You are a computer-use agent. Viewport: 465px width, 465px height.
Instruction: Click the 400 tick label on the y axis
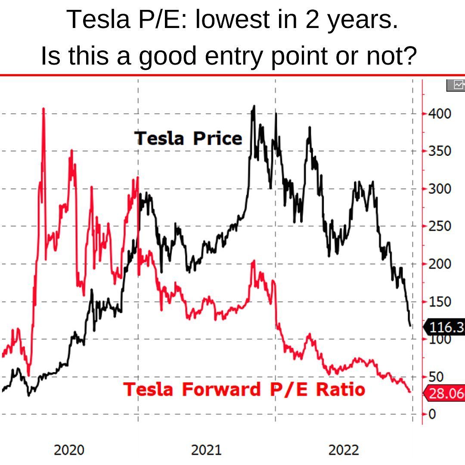click(x=439, y=114)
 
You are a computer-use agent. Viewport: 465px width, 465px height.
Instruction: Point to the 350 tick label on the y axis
click(x=439, y=151)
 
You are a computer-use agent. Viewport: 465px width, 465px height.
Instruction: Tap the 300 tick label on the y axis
click(x=439, y=189)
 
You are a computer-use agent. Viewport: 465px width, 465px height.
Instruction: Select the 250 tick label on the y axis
click(x=439, y=226)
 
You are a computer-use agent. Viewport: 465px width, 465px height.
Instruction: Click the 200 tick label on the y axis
click(x=439, y=263)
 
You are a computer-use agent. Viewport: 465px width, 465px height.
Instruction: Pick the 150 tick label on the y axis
click(x=439, y=301)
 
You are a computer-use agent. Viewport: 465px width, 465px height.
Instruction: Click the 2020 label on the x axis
click(x=69, y=450)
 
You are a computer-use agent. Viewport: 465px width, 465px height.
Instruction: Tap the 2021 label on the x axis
click(x=206, y=450)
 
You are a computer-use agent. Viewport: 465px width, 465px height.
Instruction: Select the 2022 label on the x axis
click(x=344, y=450)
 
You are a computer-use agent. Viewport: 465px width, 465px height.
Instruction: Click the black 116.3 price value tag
click(x=446, y=328)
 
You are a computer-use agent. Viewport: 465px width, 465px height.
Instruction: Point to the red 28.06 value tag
click(x=446, y=394)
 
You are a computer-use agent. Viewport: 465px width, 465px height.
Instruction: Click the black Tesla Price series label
click(x=188, y=139)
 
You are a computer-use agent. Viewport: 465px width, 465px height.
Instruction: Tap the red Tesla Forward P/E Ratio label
click(x=244, y=389)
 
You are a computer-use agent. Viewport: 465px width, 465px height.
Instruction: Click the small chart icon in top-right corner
click(x=457, y=85)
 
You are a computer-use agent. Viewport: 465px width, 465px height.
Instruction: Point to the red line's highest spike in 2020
click(x=43, y=108)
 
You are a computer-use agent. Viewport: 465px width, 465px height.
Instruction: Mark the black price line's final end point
click(x=410, y=325)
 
